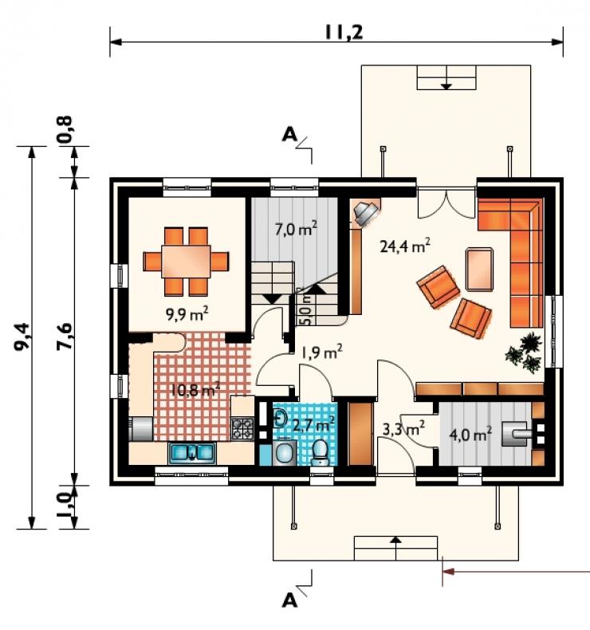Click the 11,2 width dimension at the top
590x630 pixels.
(344, 32)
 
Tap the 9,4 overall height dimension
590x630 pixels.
(22, 337)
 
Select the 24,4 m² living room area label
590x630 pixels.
(405, 245)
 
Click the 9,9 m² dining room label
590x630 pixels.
(187, 313)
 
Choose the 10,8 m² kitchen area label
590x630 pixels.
(195, 389)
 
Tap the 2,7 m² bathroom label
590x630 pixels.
(313, 424)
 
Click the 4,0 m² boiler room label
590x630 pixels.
(470, 435)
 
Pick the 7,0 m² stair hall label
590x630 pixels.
(296, 229)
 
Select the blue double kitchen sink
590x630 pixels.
(192, 453)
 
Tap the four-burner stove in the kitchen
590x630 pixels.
(242, 428)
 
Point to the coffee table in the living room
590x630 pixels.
(479, 269)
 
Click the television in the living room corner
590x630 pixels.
(365, 213)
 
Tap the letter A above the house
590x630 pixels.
(289, 134)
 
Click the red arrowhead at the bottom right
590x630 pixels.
(449, 571)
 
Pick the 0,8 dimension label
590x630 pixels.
(65, 128)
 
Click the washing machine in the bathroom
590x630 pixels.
(285, 453)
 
